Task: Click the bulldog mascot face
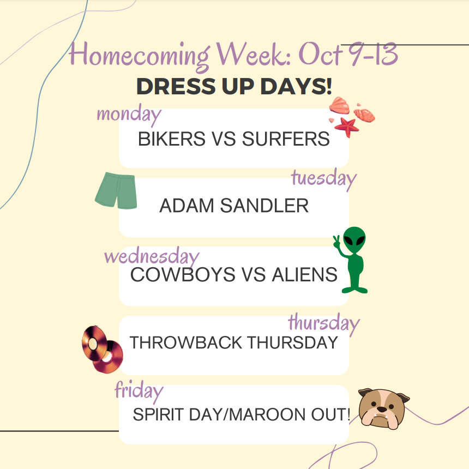383,407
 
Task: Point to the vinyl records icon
102,349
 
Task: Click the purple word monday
129,115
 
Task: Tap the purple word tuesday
324,178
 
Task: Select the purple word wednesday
152,256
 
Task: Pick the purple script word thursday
323,323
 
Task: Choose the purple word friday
139,390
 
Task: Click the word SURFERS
286,139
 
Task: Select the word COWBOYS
172,274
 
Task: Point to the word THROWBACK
186,342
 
